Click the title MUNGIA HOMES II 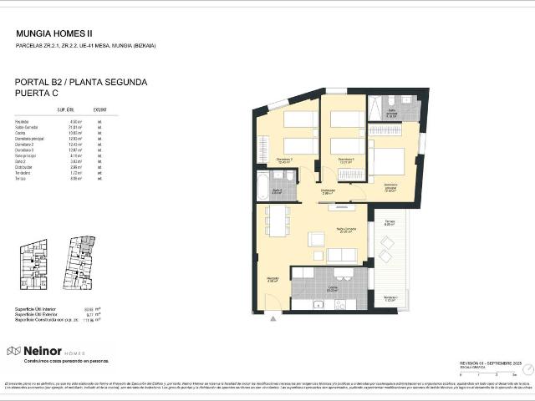55,33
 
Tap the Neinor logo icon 13,351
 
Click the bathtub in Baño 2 262,185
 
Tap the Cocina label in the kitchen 333,289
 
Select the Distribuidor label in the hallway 329,191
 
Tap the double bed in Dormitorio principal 390,160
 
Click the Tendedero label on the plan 390,298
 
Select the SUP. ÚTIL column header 67,109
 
